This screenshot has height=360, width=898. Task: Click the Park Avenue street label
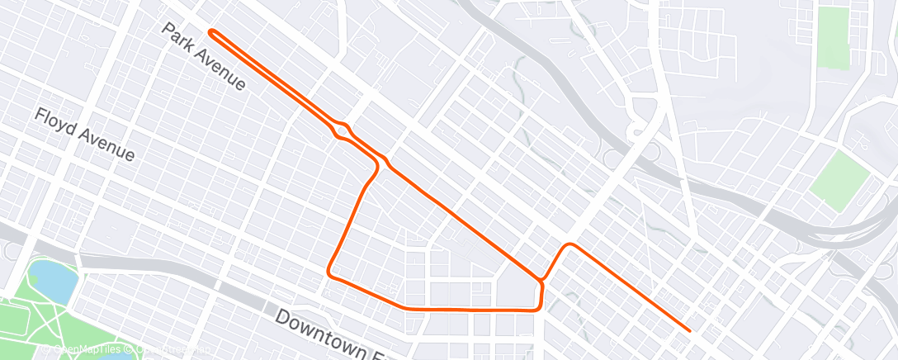[x=203, y=57]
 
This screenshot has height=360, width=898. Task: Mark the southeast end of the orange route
[x=689, y=330]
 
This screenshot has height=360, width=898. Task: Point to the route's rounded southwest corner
[x=329, y=271]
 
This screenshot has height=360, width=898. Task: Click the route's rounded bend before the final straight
[x=569, y=245]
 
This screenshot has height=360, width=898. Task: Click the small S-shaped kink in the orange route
[x=341, y=130]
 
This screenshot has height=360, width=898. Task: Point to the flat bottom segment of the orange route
[x=462, y=310]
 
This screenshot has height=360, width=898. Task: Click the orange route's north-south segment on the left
[x=352, y=219]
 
